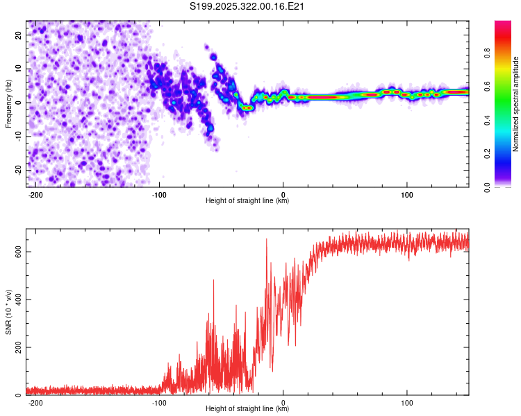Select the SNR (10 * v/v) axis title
pyautogui.click(x=8, y=312)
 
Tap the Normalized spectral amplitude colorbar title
pyautogui.click(x=516, y=104)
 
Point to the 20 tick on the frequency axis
pyautogui.click(x=19, y=35)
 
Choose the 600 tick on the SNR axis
pyautogui.click(x=16, y=252)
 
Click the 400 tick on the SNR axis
pyautogui.click(x=16, y=300)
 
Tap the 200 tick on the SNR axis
pyautogui.click(x=16, y=347)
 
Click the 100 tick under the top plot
pyautogui.click(x=407, y=193)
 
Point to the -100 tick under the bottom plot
pyautogui.click(x=159, y=402)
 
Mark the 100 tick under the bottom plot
pyautogui.click(x=407, y=402)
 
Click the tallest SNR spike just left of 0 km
pyautogui.click(x=266, y=240)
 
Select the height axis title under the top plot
pyautogui.click(x=247, y=201)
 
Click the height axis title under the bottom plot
pyautogui.click(x=247, y=410)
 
